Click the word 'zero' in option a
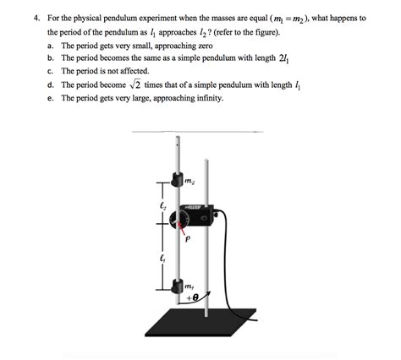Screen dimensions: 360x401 tap(213, 44)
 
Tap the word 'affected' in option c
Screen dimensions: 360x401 tap(141, 71)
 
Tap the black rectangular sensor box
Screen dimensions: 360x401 tap(200, 217)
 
